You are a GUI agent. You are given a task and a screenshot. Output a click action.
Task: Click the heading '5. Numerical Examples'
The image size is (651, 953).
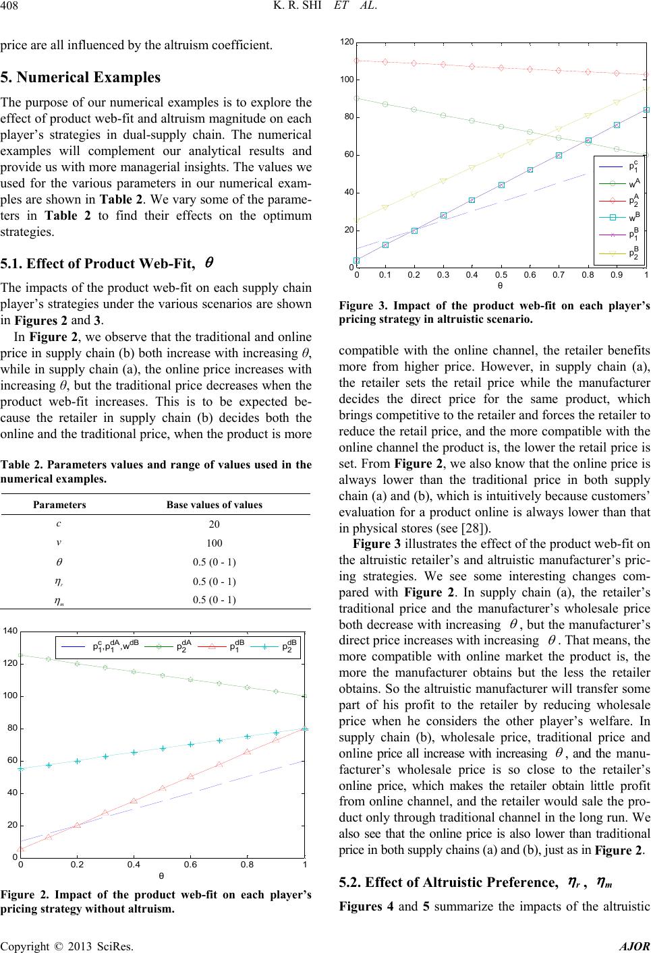coord(80,77)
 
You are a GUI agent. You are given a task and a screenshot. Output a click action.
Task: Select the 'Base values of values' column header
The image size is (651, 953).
coord(215,504)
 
